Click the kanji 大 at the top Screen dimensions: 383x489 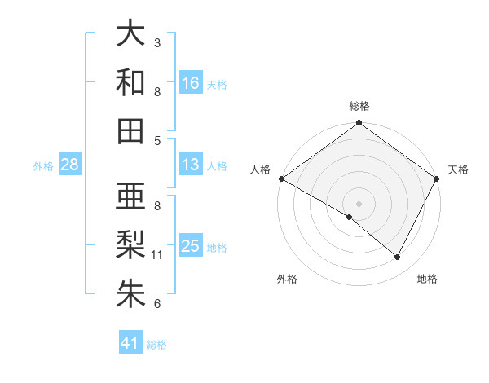[x=130, y=34]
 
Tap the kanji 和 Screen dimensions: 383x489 [x=130, y=82]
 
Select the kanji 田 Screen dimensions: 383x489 [x=130, y=130]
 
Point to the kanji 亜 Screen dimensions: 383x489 [x=130, y=197]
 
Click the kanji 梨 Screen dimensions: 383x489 [x=130, y=245]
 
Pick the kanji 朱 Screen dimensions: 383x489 [x=130, y=293]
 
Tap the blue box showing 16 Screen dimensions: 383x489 [x=191, y=82]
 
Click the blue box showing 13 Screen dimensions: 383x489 [x=191, y=165]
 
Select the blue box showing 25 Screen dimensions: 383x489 [x=191, y=245]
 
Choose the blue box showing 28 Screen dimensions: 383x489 [x=70, y=165]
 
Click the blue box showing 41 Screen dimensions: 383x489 [x=130, y=343]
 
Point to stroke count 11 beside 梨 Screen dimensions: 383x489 [x=157, y=255]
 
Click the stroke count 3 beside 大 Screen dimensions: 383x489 [x=157, y=42]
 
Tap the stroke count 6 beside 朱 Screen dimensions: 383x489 [x=157, y=304]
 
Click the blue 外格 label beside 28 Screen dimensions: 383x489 [x=43, y=166]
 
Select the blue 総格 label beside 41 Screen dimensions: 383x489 [x=156, y=345]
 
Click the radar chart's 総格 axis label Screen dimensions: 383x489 [x=359, y=106]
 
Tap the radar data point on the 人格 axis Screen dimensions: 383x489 [x=281, y=178]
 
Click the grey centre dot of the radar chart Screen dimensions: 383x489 [x=359, y=202]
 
